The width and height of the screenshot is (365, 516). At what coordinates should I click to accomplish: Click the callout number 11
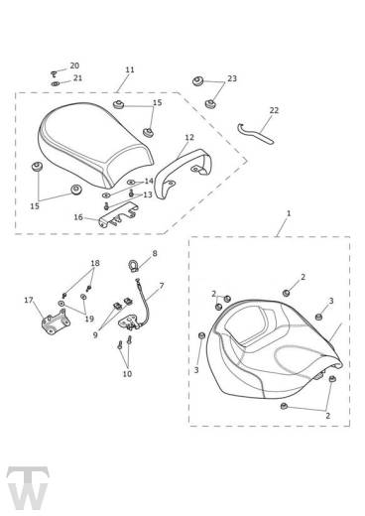(130, 69)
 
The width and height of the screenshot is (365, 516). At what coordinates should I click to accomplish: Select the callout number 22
(274, 110)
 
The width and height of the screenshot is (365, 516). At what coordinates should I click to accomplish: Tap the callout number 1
(289, 213)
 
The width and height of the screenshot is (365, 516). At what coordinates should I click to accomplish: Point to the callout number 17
(29, 300)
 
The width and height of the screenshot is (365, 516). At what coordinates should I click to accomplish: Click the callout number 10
(127, 374)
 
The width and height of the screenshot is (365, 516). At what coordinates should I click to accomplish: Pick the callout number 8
(155, 254)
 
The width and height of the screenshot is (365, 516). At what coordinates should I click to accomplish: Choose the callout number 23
(232, 78)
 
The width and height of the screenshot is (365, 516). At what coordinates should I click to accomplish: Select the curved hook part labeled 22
(255, 134)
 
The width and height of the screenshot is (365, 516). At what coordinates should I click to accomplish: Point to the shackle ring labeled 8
(132, 265)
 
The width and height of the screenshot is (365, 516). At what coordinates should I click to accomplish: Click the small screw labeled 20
(54, 72)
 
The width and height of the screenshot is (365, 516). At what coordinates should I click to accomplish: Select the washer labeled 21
(55, 84)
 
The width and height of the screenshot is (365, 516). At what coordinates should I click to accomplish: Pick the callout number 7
(162, 286)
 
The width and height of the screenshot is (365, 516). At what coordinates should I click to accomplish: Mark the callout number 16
(78, 217)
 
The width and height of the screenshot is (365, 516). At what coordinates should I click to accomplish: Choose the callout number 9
(95, 335)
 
